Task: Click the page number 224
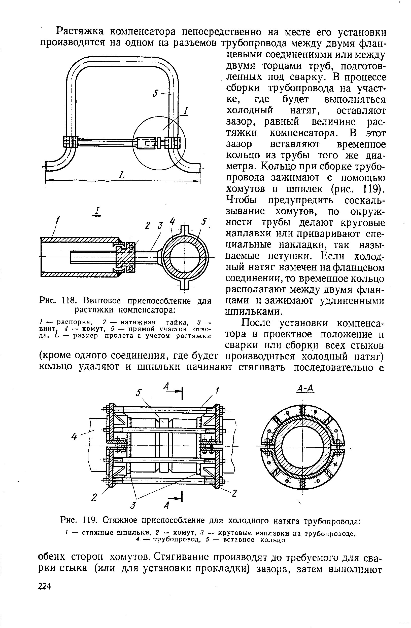(44, 586)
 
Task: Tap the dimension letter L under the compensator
(122, 175)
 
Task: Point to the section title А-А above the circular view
(305, 388)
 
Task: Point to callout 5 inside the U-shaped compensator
(156, 93)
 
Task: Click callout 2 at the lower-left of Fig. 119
(93, 497)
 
